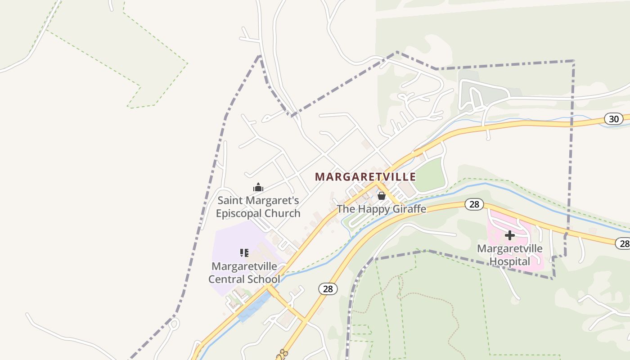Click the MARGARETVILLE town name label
tap(365, 176)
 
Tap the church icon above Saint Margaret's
tap(258, 187)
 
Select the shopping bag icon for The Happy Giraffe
tap(382, 196)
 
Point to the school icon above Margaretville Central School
tap(244, 253)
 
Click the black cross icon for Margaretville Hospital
tap(509, 235)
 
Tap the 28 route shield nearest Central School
tap(328, 289)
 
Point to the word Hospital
tap(509, 261)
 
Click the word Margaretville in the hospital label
tap(509, 248)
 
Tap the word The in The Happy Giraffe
tap(345, 209)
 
